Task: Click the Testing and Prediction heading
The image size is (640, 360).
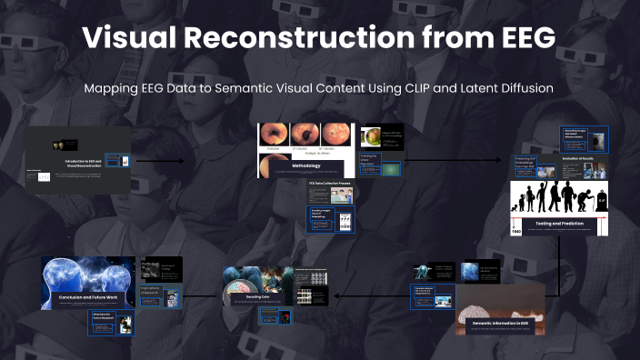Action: point(557,222)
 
